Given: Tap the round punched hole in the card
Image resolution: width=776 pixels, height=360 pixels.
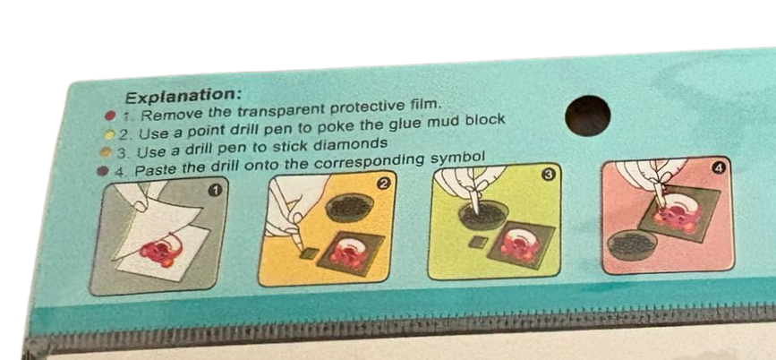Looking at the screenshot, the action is [587, 116].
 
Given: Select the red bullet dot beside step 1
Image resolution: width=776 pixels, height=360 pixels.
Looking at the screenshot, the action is [111, 116].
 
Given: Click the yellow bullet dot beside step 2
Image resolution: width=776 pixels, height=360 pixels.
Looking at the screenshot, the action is [109, 134].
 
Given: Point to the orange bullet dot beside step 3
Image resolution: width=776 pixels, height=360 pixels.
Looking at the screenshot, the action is [105, 152].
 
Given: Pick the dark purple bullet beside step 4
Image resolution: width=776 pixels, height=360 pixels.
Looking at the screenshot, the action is [103, 171].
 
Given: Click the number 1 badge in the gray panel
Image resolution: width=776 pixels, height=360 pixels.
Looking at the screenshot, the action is [214, 190].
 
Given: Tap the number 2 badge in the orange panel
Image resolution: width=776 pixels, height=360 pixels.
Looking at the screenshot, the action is [383, 184].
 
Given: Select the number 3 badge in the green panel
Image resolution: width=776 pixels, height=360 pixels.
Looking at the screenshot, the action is [550, 175].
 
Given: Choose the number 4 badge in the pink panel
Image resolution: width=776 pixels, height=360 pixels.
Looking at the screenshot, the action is [719, 169].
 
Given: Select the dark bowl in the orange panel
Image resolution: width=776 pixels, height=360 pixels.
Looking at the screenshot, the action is [349, 207].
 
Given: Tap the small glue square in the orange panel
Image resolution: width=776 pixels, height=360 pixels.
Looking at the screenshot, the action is [310, 253].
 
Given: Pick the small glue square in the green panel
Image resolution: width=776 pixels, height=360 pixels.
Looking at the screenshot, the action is [479, 242].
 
